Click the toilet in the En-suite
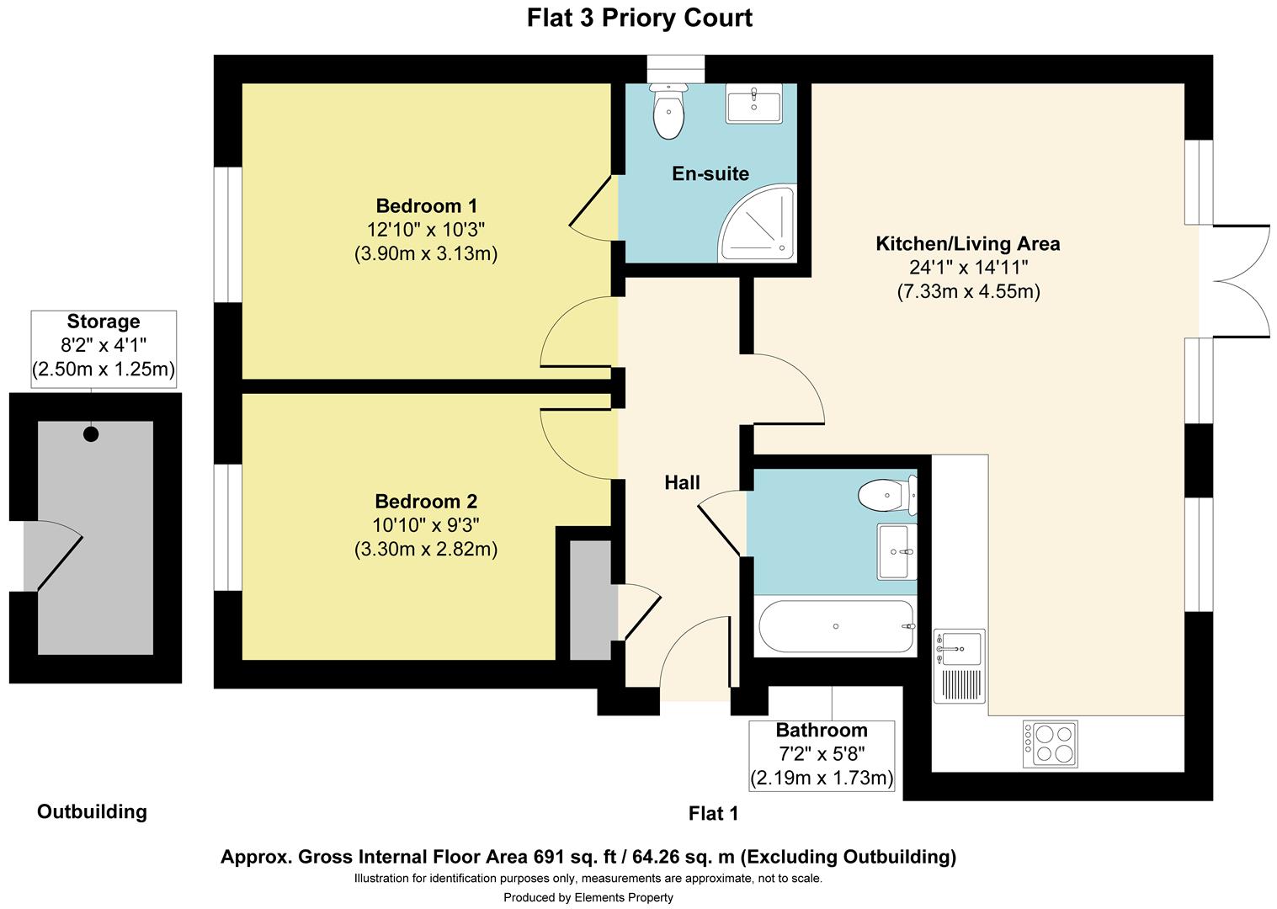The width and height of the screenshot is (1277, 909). point(668,111)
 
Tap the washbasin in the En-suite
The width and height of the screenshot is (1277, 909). point(753,104)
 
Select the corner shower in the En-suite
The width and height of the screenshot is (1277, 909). point(758,223)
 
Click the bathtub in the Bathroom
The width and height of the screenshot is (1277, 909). point(836,626)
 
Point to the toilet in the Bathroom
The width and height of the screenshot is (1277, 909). point(887,495)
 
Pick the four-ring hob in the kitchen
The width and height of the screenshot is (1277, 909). point(1050,744)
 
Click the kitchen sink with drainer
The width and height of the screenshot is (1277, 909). point(960,666)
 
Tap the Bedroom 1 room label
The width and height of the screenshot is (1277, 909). point(426,205)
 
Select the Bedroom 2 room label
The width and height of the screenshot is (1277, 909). point(426,502)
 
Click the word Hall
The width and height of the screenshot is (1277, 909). point(682,483)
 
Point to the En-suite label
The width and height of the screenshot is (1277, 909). point(710,173)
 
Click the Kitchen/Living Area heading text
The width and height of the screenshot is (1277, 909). point(968,244)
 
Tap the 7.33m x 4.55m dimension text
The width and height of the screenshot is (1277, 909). point(969,291)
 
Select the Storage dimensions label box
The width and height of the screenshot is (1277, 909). point(104,349)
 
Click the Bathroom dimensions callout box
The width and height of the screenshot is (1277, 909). point(822,756)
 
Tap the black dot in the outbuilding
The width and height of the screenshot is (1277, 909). point(91,434)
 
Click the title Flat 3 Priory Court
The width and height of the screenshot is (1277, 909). point(639,18)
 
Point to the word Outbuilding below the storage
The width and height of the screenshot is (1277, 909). point(92,811)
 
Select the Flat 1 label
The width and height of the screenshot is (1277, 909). point(713,813)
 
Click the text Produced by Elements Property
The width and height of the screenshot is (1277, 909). point(588,897)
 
